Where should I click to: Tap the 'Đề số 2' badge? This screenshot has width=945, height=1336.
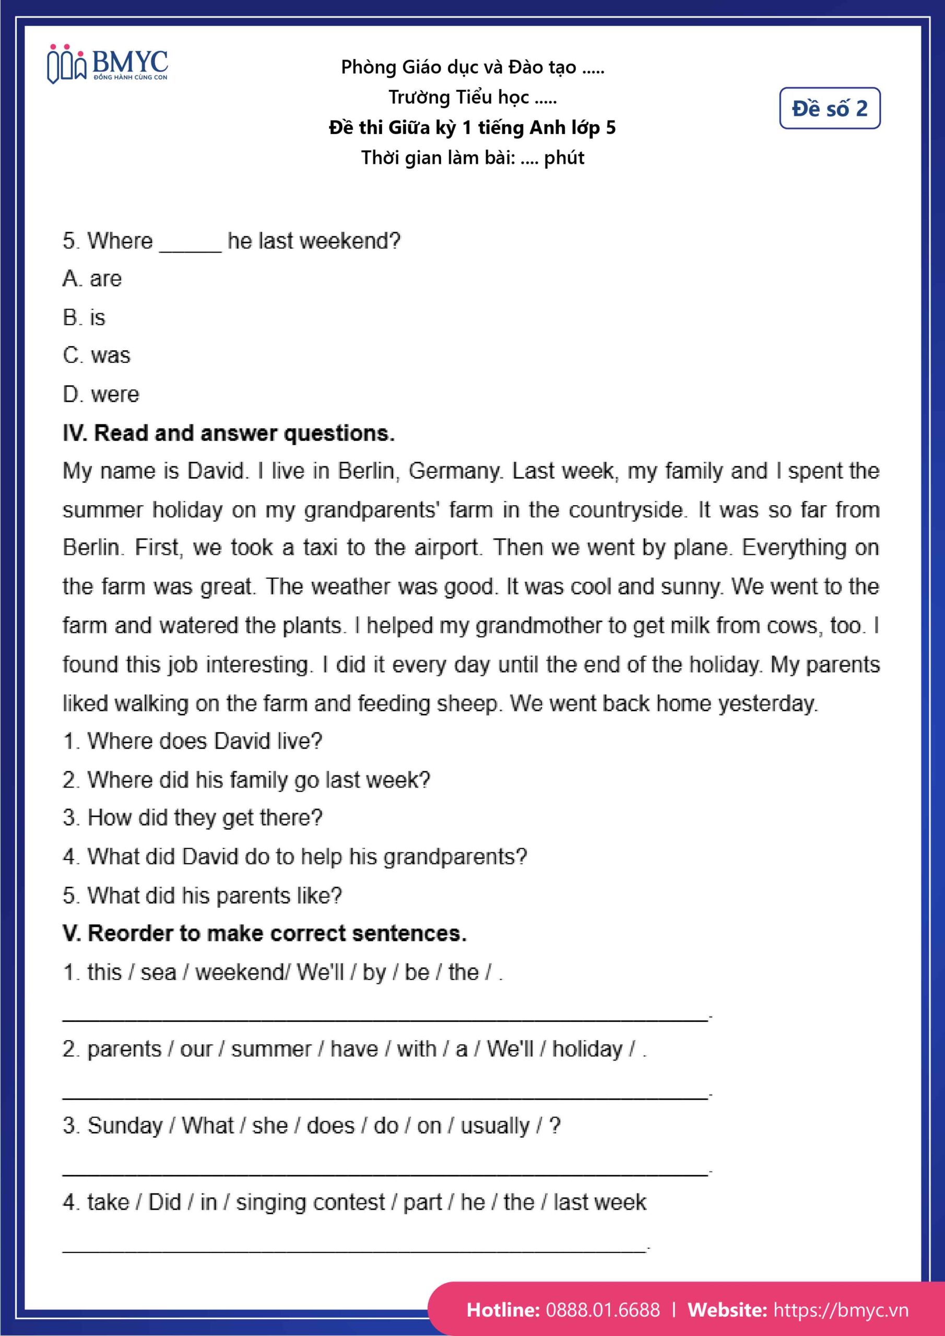(829, 108)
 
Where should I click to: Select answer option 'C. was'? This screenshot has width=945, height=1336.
(97, 355)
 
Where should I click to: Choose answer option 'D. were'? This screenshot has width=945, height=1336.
(101, 395)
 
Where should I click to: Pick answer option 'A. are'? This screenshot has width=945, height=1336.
(92, 279)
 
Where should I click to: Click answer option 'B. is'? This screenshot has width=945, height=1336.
(84, 318)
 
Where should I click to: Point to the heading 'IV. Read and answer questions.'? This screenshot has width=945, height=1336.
(228, 433)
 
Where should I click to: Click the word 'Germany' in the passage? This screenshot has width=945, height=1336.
(454, 471)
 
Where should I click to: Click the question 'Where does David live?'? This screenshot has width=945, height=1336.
(192, 741)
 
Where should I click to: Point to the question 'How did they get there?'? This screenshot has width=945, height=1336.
(192, 818)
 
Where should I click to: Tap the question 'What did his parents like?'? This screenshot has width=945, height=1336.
(202, 896)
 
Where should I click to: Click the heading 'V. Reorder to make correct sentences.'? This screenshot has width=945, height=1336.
(264, 934)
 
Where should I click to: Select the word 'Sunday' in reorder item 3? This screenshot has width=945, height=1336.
(125, 1126)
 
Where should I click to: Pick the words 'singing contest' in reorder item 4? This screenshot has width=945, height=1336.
(310, 1203)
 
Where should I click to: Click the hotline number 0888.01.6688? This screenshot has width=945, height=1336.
(603, 1309)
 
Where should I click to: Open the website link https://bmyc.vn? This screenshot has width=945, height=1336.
(840, 1309)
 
